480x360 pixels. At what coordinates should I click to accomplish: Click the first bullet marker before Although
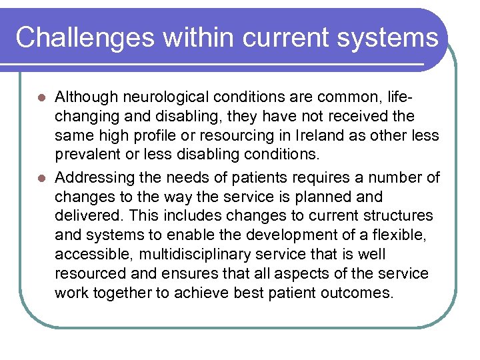41,98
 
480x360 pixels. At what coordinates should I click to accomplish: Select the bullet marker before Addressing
41,178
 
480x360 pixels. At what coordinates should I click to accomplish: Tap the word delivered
86,215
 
